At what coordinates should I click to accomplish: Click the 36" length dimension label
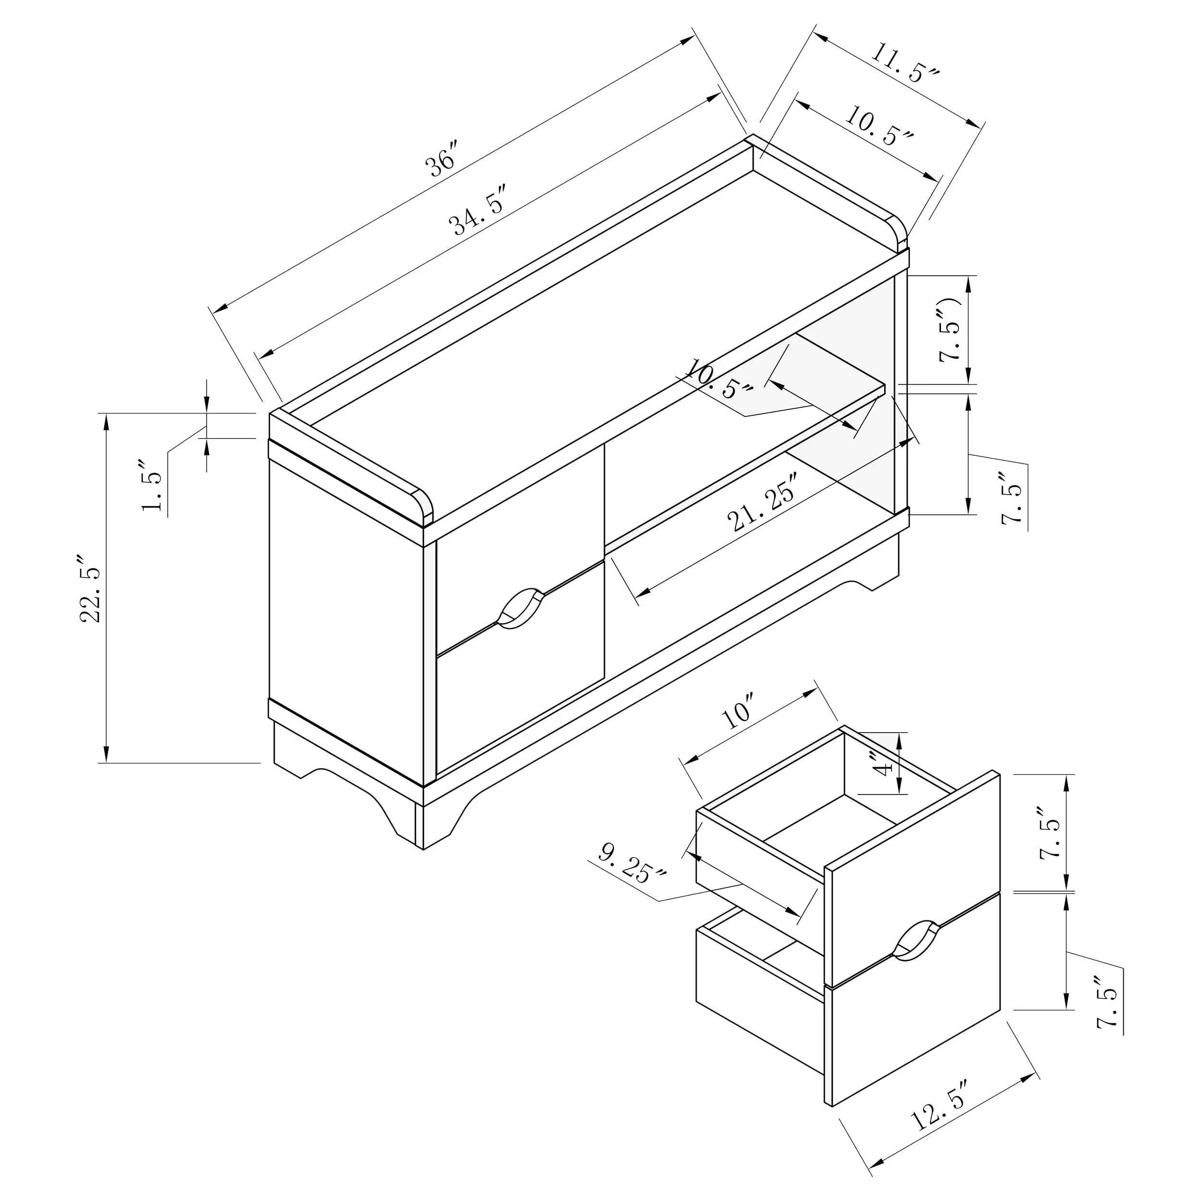442,159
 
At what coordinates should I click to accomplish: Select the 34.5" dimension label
479,209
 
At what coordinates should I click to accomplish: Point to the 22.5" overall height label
91,588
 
